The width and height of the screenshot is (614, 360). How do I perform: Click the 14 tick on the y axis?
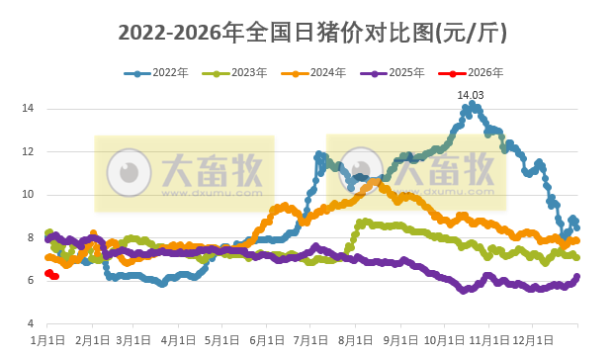pyautogui.click(x=30, y=108)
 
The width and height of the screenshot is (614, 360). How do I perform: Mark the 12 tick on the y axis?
pyautogui.click(x=30, y=151)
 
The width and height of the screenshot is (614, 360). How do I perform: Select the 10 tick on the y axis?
pyautogui.click(x=30, y=195)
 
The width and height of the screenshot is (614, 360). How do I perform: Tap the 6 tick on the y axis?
pyautogui.click(x=33, y=281)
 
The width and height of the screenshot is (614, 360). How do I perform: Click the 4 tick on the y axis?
pyautogui.click(x=33, y=324)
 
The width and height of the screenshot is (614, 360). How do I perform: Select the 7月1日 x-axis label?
pyautogui.click(x=311, y=340)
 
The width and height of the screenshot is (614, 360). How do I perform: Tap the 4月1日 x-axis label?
pyautogui.click(x=179, y=340)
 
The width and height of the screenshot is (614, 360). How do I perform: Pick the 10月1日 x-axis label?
pyautogui.click(x=446, y=340)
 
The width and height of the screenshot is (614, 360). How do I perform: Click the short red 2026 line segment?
pyautogui.click(x=51, y=275)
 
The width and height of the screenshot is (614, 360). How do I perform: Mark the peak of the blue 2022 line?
pyautogui.click(x=472, y=104)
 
